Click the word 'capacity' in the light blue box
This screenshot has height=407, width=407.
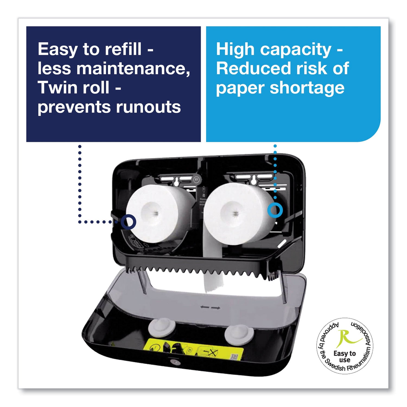click(295, 50)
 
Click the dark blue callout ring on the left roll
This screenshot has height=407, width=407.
click(128, 222)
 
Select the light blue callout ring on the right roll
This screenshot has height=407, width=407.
click(275, 210)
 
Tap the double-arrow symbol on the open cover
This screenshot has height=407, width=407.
click(210, 307)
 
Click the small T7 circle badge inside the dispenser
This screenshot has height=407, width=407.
click(196, 179)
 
